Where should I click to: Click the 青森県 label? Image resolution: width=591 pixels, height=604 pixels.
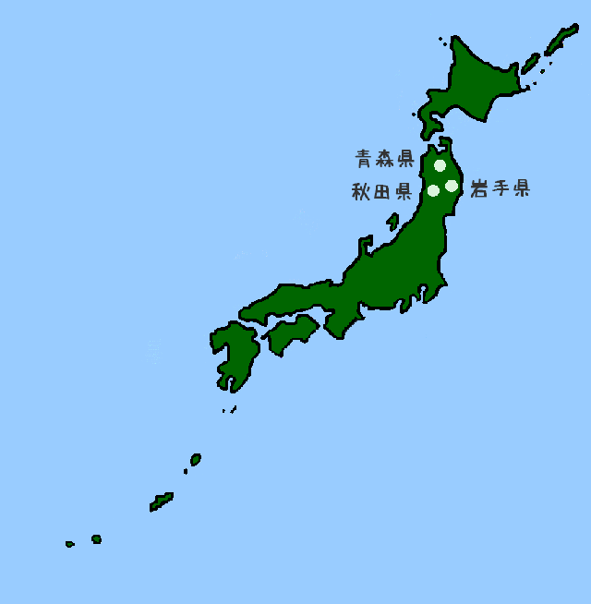(384, 159)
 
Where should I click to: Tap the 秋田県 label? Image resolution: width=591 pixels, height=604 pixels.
(381, 192)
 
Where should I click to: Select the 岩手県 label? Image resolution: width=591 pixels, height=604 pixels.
(500, 188)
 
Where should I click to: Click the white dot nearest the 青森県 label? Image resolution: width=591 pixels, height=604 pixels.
(440, 166)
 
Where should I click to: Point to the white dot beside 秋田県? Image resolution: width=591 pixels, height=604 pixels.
(433, 191)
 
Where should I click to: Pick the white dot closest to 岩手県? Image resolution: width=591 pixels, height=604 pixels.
(452, 186)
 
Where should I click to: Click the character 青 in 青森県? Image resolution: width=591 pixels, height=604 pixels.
(365, 159)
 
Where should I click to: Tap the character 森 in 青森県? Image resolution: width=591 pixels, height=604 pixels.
(384, 159)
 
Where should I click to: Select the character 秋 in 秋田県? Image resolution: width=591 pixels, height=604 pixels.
(361, 192)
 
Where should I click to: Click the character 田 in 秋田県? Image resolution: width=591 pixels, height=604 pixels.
(381, 192)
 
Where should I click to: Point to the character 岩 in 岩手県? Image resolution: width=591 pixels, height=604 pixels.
(479, 188)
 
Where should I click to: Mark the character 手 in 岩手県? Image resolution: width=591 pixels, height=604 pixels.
(500, 188)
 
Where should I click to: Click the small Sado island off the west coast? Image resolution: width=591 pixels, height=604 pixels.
(393, 222)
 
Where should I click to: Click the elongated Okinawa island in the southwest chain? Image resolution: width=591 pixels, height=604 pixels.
(162, 501)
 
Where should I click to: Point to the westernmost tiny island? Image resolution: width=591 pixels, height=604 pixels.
(69, 544)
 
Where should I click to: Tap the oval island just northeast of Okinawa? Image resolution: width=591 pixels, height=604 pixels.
(196, 458)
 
